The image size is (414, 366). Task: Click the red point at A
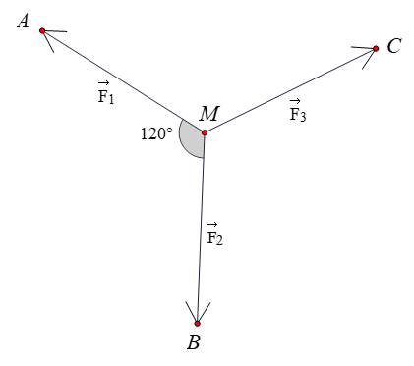[42, 30]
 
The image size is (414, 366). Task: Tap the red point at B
[197, 324]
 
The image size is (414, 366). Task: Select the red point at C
[377, 47]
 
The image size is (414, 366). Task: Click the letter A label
[24, 22]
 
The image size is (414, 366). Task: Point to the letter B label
[195, 343]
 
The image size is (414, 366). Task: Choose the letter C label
[393, 46]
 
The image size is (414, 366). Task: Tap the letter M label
[208, 114]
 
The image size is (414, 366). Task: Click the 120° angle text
[156, 134]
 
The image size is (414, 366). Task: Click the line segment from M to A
[123, 81]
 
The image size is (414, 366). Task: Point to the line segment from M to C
[290, 89]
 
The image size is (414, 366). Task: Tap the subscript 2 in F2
[220, 241]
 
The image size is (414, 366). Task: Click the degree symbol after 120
[171, 130]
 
